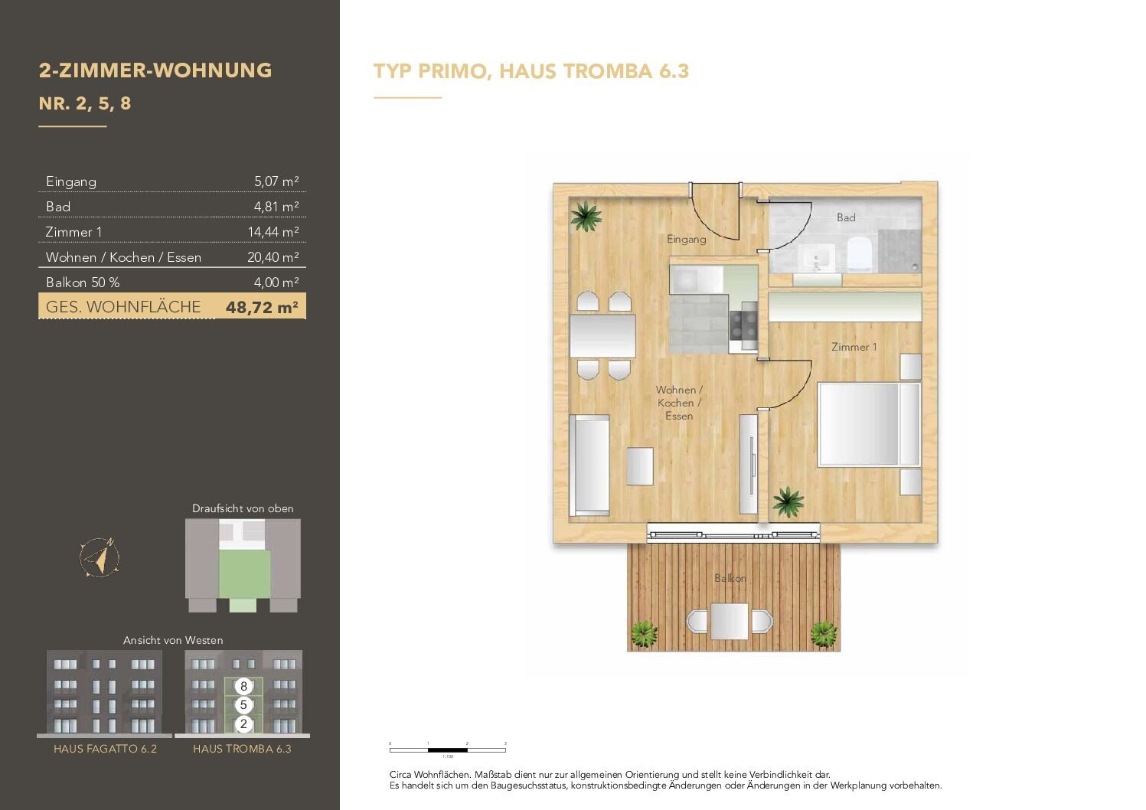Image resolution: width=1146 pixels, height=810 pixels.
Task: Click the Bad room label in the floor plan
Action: tap(846, 217)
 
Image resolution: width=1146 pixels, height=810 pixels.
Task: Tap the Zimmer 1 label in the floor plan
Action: tap(854, 347)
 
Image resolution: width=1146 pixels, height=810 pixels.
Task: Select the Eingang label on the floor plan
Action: tap(686, 239)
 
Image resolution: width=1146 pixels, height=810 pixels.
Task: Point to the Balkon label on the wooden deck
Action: tap(730, 578)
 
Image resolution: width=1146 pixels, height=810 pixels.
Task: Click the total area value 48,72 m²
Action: tap(262, 308)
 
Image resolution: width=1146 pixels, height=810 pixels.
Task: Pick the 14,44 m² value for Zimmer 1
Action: tap(273, 232)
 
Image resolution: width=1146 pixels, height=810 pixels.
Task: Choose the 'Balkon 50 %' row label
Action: tap(83, 283)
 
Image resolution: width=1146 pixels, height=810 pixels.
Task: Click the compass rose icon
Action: tap(100, 557)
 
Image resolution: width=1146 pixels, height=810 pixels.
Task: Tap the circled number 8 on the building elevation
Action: tap(243, 687)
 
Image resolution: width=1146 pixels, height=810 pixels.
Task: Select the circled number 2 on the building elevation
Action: tap(243, 723)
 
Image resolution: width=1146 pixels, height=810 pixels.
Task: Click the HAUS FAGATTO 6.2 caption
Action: tap(105, 749)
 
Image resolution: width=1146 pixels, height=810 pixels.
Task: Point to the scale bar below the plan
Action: tap(448, 750)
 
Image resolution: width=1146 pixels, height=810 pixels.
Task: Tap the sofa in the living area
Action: tap(589, 464)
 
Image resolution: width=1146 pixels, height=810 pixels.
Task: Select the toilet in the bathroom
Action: tap(860, 253)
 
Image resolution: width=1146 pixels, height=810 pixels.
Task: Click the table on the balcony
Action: tap(729, 621)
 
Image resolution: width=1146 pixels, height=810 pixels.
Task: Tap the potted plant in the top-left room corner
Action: tap(586, 216)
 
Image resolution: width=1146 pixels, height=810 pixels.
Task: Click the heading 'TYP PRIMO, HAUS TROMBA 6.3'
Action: tap(531, 71)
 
